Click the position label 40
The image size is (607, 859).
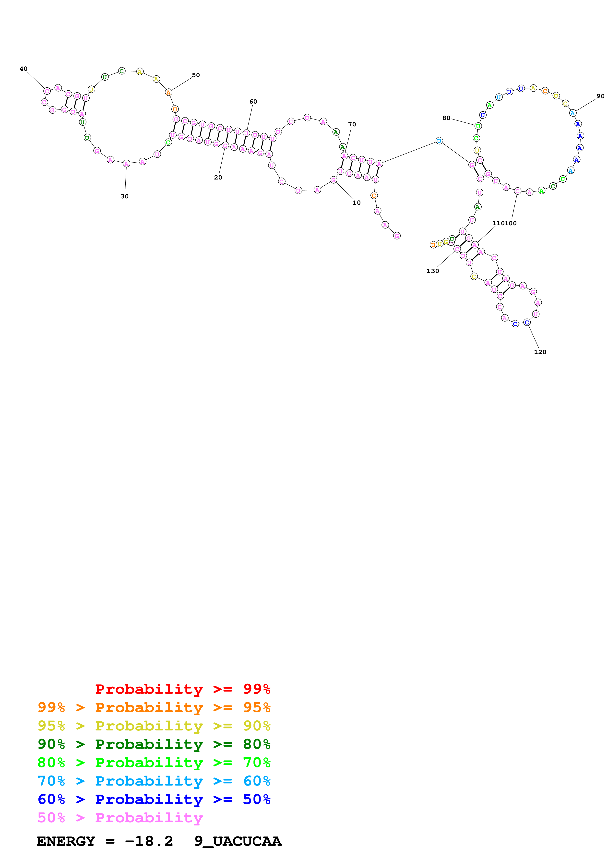click(x=24, y=69)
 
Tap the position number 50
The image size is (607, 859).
click(x=196, y=75)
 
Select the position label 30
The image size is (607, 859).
click(x=125, y=196)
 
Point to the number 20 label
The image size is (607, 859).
click(x=218, y=178)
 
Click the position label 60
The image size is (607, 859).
click(x=253, y=102)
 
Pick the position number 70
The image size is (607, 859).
click(x=352, y=125)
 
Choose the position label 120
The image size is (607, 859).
click(x=540, y=352)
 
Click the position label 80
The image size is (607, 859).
click(x=446, y=118)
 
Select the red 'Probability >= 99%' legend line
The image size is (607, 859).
click(x=182, y=689)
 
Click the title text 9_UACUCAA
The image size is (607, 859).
click(x=238, y=841)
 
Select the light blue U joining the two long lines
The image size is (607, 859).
click(x=439, y=141)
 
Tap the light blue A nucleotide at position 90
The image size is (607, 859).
click(x=572, y=113)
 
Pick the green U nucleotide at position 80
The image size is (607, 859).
click(x=478, y=126)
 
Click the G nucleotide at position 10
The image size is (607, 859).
click(x=333, y=180)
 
